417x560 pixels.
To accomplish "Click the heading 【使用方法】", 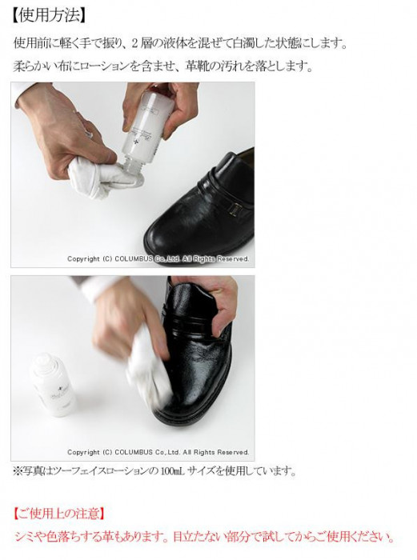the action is pyautogui.click(x=50, y=16).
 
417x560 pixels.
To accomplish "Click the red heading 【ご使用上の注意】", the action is pyautogui.click(x=59, y=514).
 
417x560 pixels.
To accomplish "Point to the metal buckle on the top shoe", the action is pyautogui.click(x=235, y=210).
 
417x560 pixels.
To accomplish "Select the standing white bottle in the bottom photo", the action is pyautogui.click(x=54, y=385).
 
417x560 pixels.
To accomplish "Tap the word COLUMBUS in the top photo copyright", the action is pyautogui.click(x=134, y=259).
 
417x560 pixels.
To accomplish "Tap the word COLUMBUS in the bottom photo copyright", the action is pyautogui.click(x=134, y=452).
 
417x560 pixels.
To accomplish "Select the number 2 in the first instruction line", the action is pyautogui.click(x=135, y=44).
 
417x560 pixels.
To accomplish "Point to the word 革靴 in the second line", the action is pyautogui.click(x=197, y=66).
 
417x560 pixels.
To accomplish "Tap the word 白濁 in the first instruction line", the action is pyautogui.click(x=244, y=44).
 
